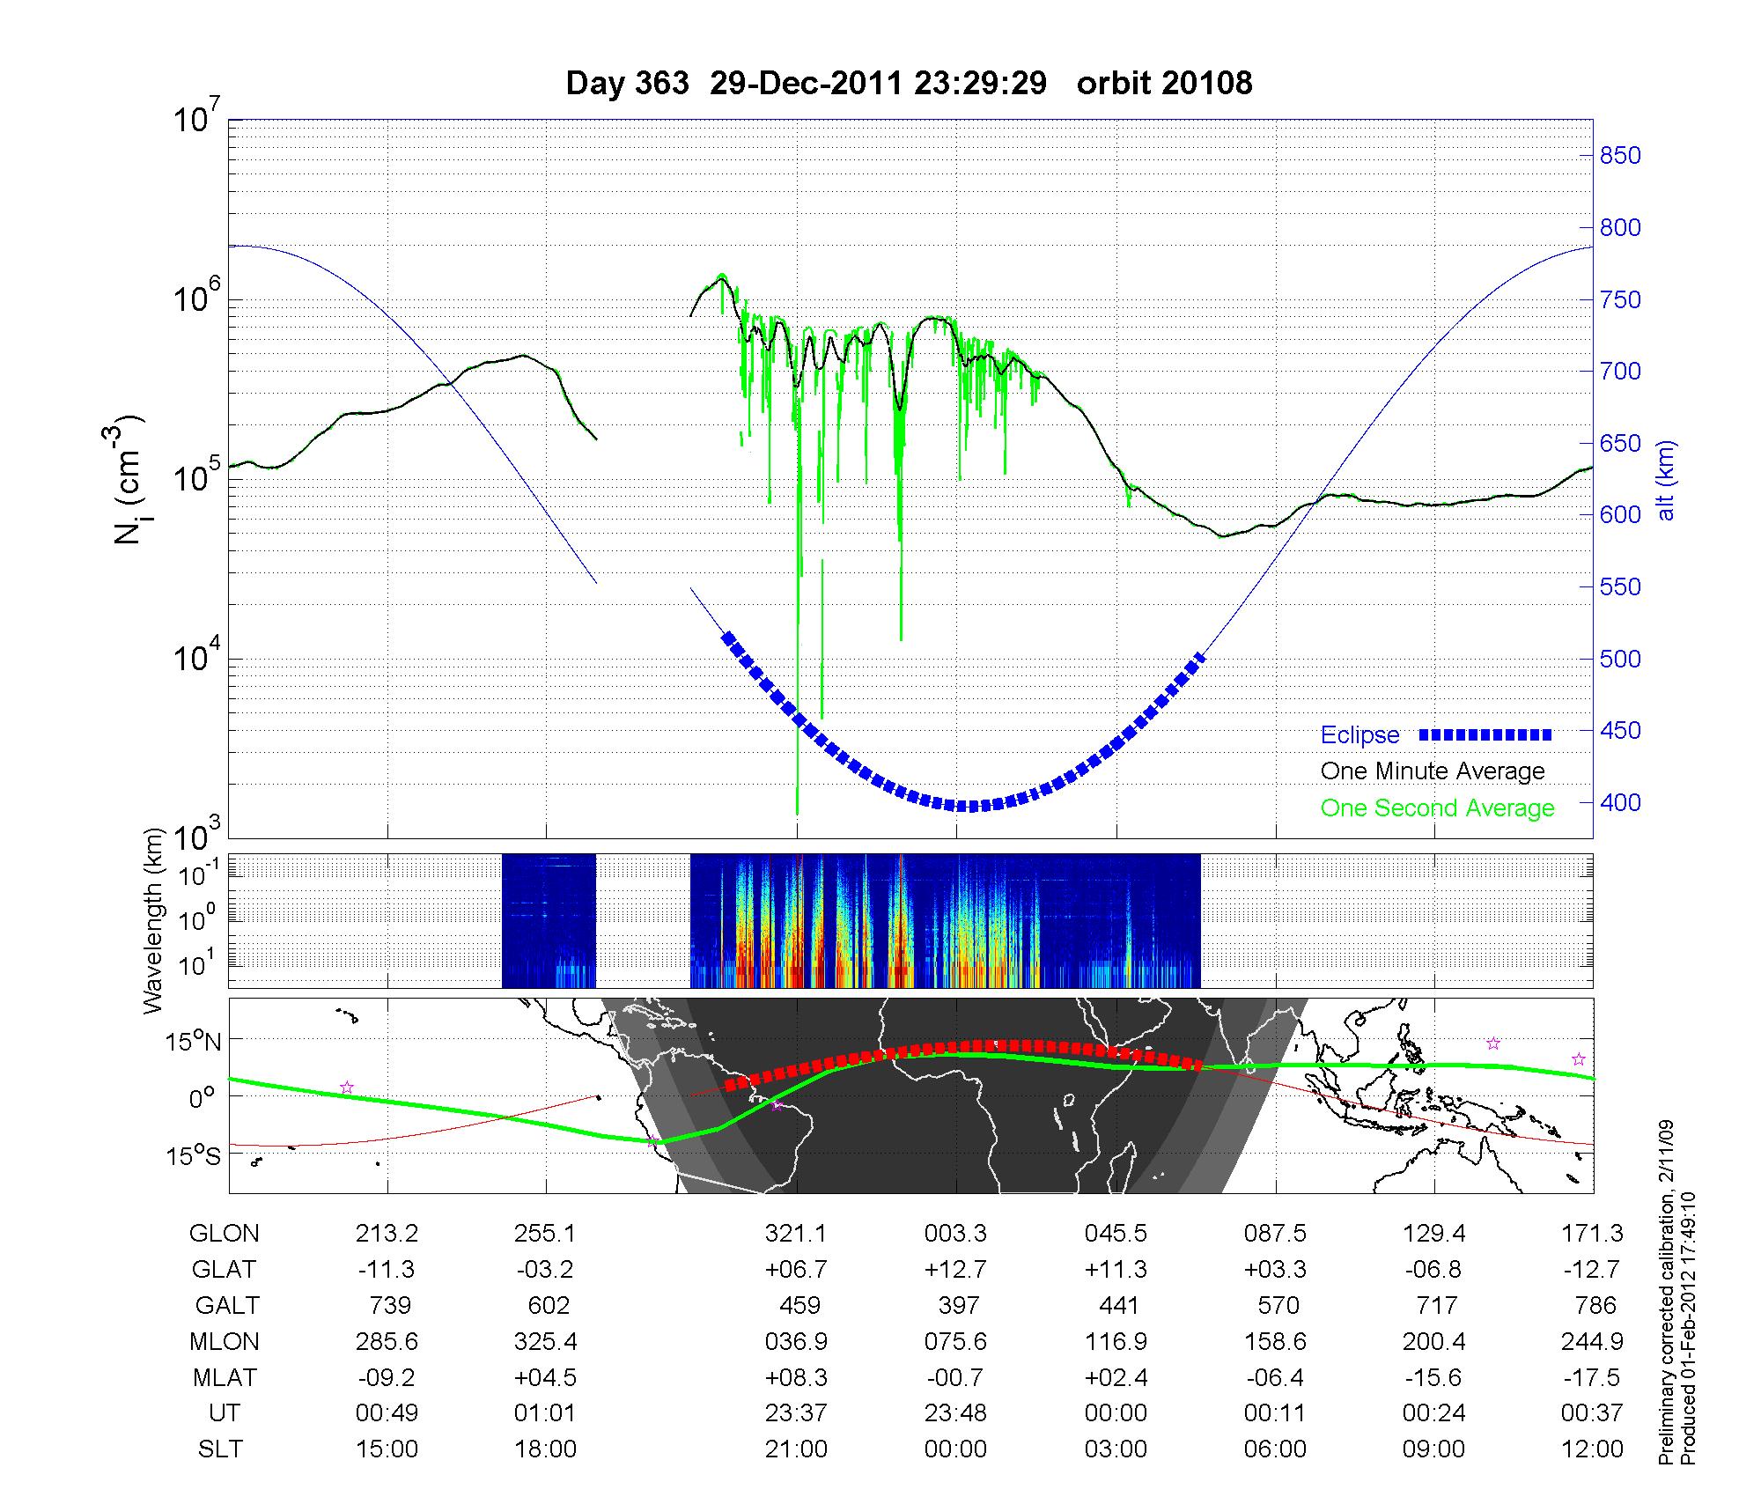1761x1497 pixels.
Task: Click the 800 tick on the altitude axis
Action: click(1620, 227)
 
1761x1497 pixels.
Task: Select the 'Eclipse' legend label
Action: click(1359, 734)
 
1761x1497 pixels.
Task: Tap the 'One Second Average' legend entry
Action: click(1437, 807)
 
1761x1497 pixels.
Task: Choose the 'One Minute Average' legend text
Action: click(1433, 771)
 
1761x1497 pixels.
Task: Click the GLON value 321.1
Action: click(796, 1233)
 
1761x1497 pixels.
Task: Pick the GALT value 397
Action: click(957, 1305)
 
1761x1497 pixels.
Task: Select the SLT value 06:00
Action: click(1275, 1449)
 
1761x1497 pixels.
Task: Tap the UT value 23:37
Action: click(796, 1412)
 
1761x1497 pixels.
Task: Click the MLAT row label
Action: click(224, 1377)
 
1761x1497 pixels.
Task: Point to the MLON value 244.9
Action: click(1592, 1341)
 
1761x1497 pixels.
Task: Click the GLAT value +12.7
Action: click(955, 1269)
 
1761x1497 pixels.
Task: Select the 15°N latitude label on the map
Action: click(195, 1042)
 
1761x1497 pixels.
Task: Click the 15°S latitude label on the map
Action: click(195, 1155)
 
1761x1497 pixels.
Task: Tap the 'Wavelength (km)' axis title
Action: click(153, 920)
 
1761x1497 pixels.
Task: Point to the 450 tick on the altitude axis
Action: click(1620, 730)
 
